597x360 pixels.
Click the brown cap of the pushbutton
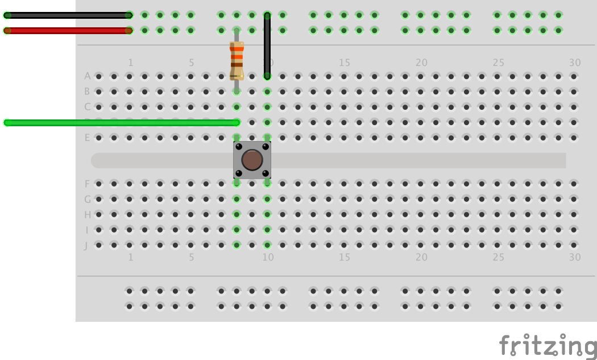click(252, 160)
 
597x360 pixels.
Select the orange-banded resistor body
click(237, 60)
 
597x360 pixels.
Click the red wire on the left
click(68, 31)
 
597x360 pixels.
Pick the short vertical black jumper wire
click(267, 45)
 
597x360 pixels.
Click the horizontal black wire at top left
click(68, 15)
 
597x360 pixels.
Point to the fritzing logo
click(548, 346)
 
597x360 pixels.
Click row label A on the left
click(87, 76)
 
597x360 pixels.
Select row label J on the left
click(86, 245)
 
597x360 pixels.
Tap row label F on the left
click(87, 184)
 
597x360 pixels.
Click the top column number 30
click(575, 63)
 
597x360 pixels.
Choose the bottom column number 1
click(130, 257)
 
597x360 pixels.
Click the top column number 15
click(345, 63)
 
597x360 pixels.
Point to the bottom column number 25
click(498, 257)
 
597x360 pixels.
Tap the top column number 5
click(192, 63)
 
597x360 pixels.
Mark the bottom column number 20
click(421, 257)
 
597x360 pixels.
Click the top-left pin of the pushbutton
click(238, 146)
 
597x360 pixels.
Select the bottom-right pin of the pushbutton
click(266, 173)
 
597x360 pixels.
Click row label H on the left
click(87, 214)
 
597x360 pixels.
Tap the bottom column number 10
click(268, 257)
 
